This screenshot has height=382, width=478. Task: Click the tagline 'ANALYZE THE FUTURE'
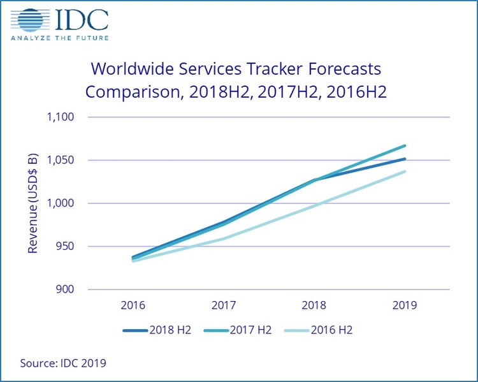tap(60, 38)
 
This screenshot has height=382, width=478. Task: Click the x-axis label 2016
tap(133, 305)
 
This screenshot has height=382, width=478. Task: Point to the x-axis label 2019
tap(405, 305)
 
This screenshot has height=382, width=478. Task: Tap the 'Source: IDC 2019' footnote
tap(63, 364)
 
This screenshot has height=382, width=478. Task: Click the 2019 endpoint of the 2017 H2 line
tap(405, 146)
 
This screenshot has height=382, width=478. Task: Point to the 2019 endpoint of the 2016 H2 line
tap(405, 172)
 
